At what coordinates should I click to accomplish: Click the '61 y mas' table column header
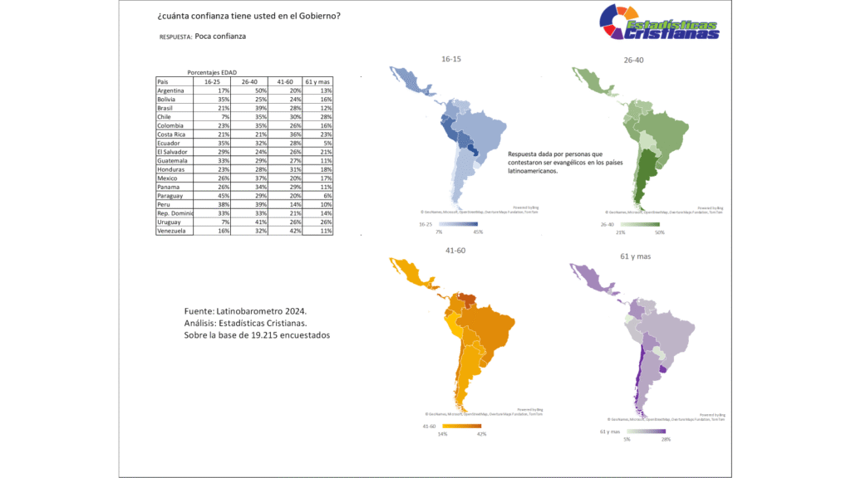pyautogui.click(x=319, y=82)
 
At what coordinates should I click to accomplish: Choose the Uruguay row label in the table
pyautogui.click(x=171, y=223)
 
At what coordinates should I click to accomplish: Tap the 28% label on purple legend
pyautogui.click(x=666, y=439)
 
